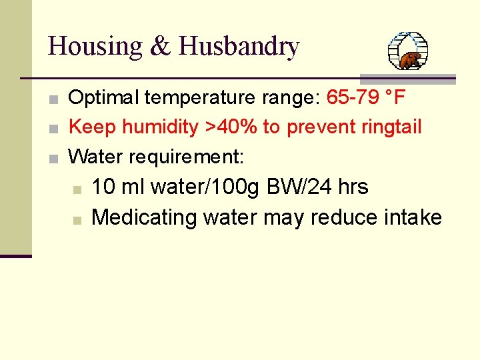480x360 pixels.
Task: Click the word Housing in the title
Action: point(95,47)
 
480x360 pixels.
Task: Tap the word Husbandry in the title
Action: point(239,47)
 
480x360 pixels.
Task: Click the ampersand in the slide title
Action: point(161,47)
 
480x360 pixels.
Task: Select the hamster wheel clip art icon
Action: point(408,51)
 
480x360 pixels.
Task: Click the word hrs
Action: point(353,187)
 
